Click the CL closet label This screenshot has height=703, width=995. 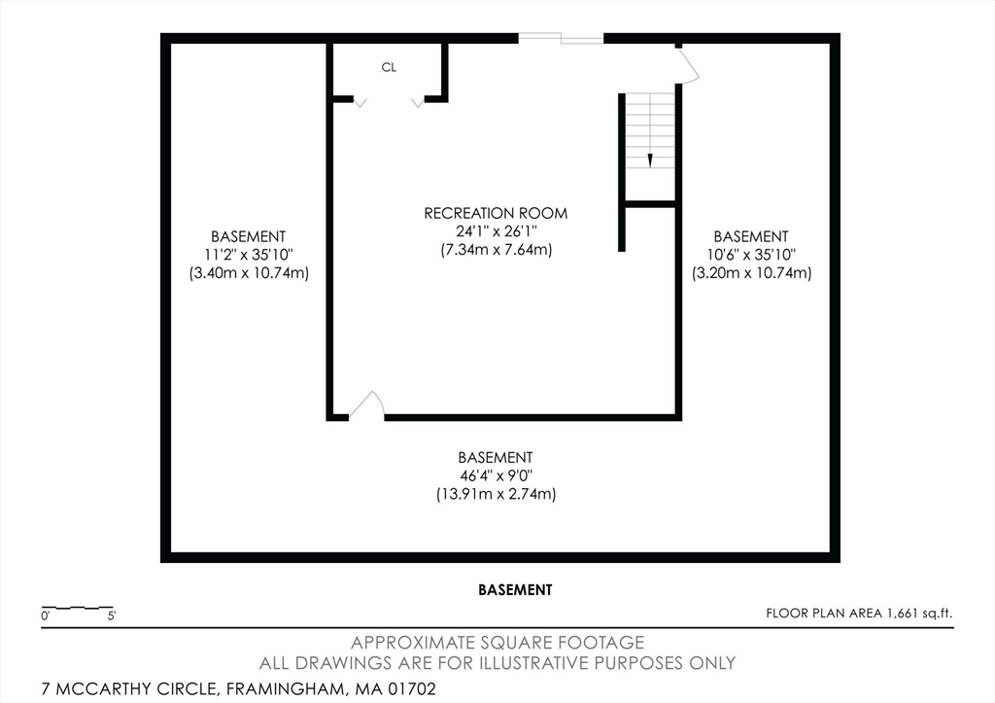point(389,67)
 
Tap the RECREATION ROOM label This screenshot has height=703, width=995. point(496,213)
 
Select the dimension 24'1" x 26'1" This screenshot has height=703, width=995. point(497,231)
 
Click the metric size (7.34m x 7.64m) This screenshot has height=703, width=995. point(497,250)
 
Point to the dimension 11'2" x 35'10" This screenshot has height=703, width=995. point(249,255)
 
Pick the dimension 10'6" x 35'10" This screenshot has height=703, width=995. point(751,255)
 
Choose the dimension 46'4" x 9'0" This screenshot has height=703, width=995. point(497,475)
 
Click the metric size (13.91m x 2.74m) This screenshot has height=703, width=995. point(497,494)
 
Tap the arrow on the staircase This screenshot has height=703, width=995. point(650,159)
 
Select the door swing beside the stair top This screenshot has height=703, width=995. point(689,65)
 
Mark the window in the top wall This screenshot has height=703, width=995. point(561,38)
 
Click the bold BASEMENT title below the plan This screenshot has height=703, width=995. point(515,590)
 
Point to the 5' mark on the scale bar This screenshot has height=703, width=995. point(112,615)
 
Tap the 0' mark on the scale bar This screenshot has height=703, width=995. point(45,615)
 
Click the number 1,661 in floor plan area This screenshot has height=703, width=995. point(903,614)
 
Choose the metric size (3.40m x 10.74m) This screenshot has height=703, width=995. point(249,273)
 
